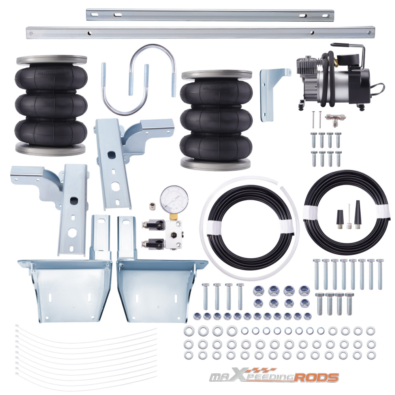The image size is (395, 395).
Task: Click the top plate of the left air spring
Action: tap(51, 60)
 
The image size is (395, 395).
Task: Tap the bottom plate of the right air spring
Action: tap(216, 162)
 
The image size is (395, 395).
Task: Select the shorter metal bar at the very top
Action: tap(210, 15)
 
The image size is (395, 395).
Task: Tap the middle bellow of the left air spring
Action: tap(51, 104)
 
